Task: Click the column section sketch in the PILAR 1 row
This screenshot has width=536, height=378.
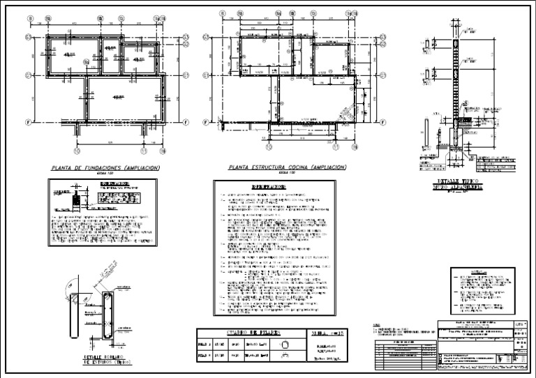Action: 283,344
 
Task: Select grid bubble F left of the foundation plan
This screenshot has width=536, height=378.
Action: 29,121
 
